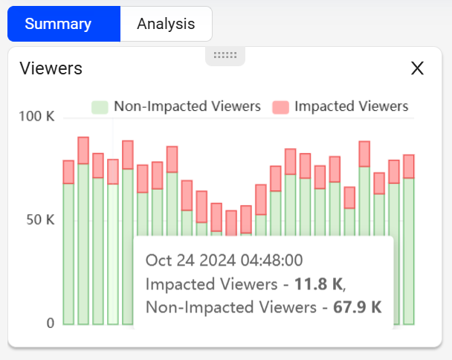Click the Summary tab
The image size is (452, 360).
(x=64, y=24)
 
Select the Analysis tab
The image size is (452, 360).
(x=166, y=24)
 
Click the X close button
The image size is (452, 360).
(x=417, y=68)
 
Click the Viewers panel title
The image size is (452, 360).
(x=51, y=68)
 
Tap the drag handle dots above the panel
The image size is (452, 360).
(x=225, y=55)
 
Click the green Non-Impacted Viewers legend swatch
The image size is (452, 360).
(x=100, y=107)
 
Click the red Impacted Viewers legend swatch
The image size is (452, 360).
(x=281, y=107)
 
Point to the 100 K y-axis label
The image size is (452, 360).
(x=36, y=116)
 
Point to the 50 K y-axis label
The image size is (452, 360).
(x=40, y=220)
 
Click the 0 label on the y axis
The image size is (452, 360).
(x=51, y=323)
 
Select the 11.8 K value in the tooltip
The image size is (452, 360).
(x=318, y=284)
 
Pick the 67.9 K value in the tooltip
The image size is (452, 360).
(x=358, y=307)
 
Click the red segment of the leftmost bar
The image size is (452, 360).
(x=68, y=172)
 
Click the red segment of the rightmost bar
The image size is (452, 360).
(x=409, y=167)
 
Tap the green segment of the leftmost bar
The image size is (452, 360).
(x=68, y=254)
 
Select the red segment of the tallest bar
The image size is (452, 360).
(x=83, y=150)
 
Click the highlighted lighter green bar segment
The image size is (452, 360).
(x=113, y=254)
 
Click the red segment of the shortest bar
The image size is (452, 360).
(x=231, y=223)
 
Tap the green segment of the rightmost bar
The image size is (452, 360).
(x=409, y=251)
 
